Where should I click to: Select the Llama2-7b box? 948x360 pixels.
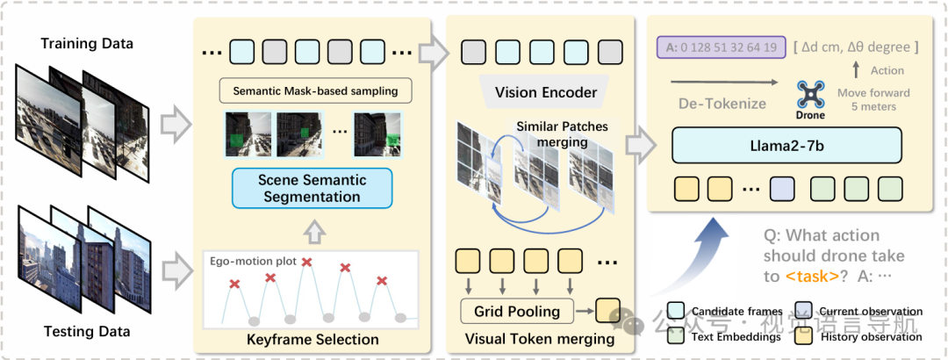[787, 144]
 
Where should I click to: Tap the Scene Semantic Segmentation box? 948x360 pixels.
[312, 188]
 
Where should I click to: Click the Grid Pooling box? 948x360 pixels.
[516, 311]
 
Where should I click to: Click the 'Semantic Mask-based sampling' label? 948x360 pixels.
[315, 90]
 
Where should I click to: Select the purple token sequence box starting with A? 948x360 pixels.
[716, 47]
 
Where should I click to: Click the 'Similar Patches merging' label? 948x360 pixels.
[562, 133]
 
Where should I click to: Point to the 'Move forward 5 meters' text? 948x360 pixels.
[873, 99]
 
